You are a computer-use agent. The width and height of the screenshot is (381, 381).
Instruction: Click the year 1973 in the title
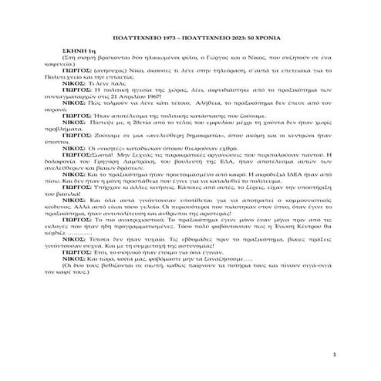click(x=163, y=34)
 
